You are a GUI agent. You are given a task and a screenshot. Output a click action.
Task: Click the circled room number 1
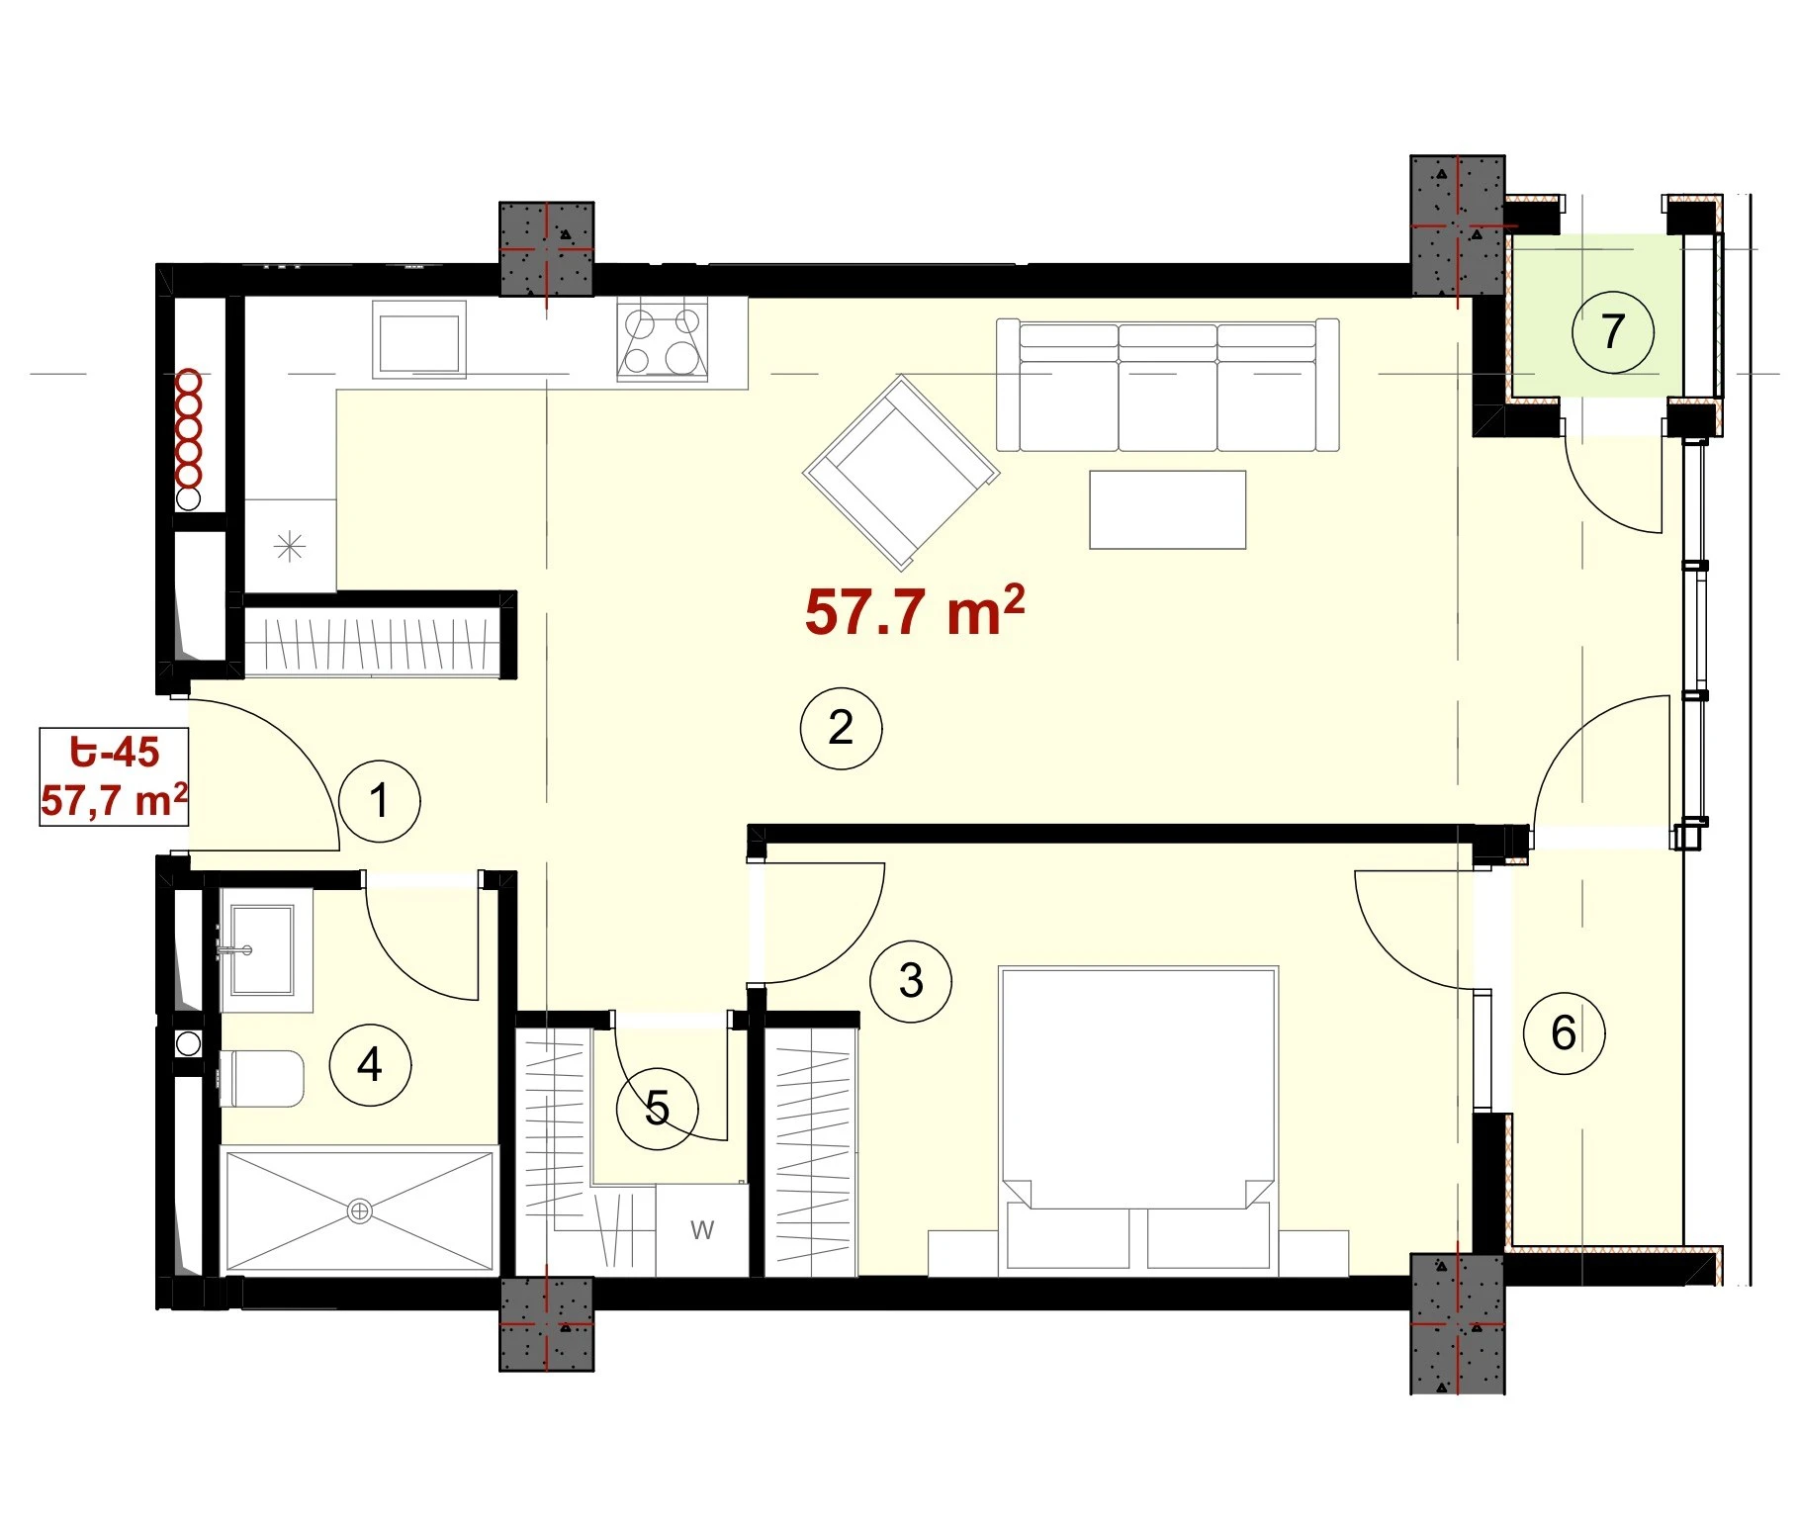(380, 801)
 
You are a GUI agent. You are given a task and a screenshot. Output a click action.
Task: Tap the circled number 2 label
(841, 728)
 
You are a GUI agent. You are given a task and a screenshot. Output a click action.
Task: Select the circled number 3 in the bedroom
(911, 981)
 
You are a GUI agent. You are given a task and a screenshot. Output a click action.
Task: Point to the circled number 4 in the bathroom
(370, 1065)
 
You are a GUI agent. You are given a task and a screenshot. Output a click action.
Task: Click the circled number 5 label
(658, 1108)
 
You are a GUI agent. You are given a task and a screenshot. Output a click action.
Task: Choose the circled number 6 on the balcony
(1564, 1033)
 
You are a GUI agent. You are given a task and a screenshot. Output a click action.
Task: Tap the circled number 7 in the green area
(1613, 331)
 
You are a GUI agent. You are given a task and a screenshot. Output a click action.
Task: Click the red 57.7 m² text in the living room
(915, 610)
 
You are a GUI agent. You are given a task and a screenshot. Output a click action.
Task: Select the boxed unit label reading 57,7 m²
(114, 800)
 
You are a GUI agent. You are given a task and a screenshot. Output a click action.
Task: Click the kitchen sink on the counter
(419, 340)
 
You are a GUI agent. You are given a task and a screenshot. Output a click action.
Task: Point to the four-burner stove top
(663, 340)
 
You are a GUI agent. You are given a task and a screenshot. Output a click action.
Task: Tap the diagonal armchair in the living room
(901, 473)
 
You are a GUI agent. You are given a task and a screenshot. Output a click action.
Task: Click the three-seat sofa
(1168, 385)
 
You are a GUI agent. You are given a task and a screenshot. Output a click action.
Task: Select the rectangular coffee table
(1168, 509)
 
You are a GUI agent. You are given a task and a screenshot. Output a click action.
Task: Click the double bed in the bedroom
(1139, 1119)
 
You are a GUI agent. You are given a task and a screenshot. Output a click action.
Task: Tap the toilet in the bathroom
(261, 1079)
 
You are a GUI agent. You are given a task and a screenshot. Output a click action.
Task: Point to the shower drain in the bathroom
(360, 1210)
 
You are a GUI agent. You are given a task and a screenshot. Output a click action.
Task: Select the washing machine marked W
(702, 1229)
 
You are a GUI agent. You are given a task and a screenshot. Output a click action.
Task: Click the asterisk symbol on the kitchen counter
(290, 546)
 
